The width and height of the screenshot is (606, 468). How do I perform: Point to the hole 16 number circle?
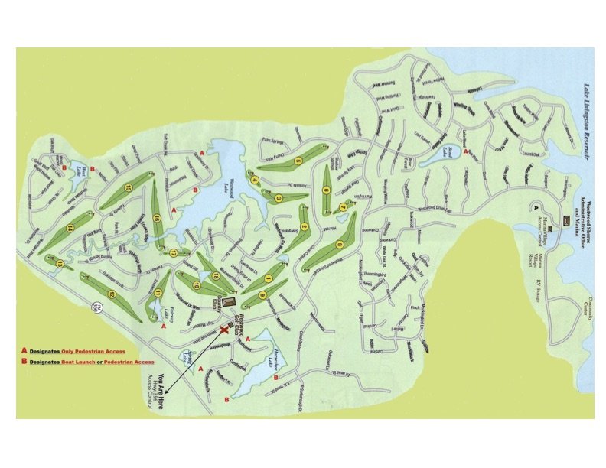click(157, 217)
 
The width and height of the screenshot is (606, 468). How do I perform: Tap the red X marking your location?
click(225, 329)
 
